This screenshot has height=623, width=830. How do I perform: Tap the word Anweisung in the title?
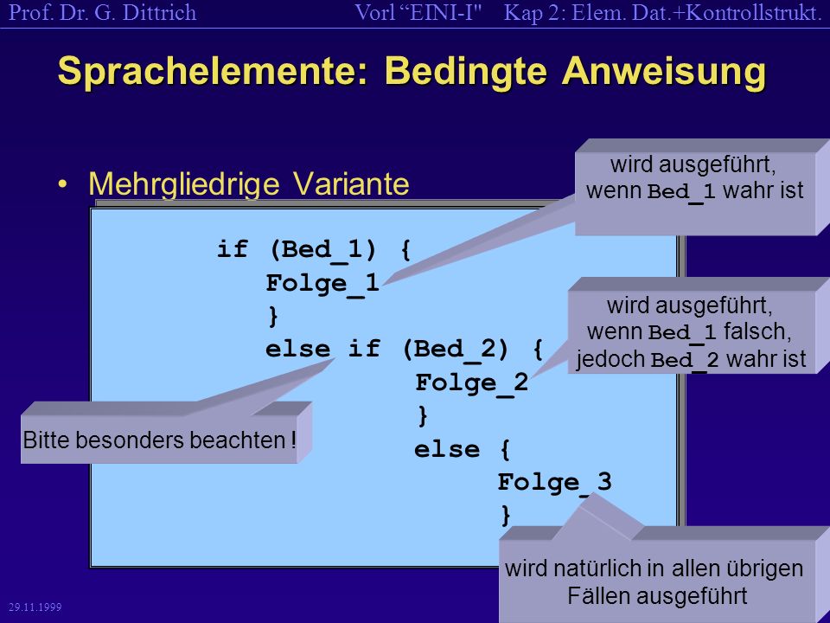tap(664, 72)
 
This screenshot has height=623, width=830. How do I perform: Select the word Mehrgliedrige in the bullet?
tap(183, 185)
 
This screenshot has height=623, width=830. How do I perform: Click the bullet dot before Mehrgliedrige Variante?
tap(63, 183)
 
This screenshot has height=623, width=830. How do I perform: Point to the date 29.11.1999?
tap(35, 607)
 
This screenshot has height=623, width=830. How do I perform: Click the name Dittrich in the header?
tap(159, 13)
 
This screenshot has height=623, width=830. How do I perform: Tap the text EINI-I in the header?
tap(442, 13)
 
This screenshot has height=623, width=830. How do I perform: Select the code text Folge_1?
tap(322, 284)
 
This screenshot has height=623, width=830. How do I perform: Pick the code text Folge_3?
tap(554, 483)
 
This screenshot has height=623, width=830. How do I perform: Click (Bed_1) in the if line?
tap(322, 249)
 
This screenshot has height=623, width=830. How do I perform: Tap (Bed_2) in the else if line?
tap(456, 350)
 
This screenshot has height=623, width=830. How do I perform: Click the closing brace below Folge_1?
tap(273, 317)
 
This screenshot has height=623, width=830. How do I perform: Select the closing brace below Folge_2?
tap(423, 416)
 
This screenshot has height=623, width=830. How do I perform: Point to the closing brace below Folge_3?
tap(506, 516)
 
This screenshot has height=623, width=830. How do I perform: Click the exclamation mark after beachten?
tap(293, 440)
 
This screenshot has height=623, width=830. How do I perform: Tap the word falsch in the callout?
tap(757, 331)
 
